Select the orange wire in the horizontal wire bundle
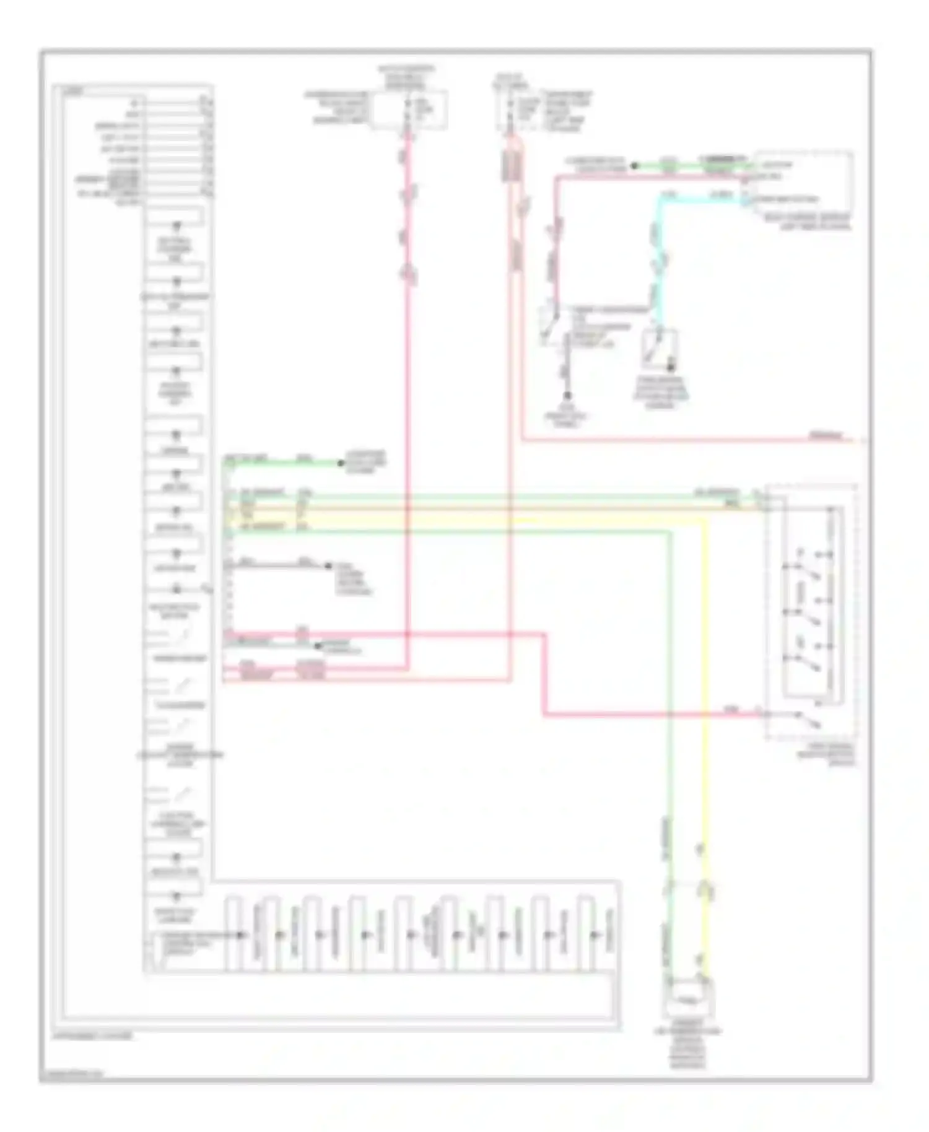495,508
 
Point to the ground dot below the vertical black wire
566,396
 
